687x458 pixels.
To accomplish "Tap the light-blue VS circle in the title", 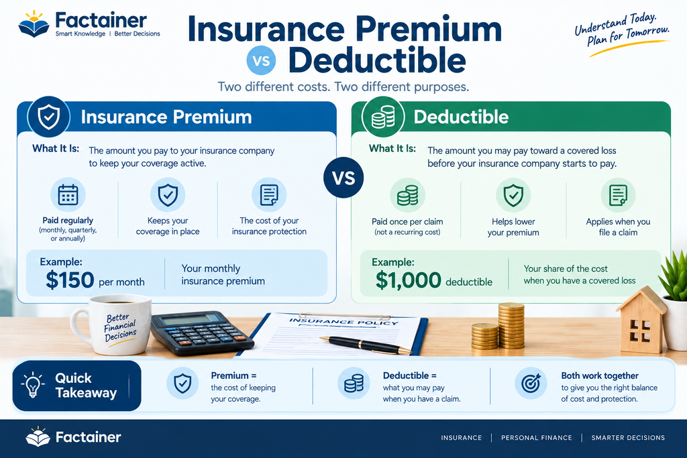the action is pyautogui.click(x=261, y=60).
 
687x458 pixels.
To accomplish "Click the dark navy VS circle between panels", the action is pyautogui.click(x=343, y=178).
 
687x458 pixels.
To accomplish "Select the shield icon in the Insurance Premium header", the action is pyautogui.click(x=48, y=117).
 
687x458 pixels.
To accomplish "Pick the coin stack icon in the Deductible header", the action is pyautogui.click(x=383, y=117).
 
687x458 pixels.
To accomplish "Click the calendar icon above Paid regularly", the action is pyautogui.click(x=68, y=195).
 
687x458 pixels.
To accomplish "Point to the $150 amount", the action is pyautogui.click(x=70, y=280).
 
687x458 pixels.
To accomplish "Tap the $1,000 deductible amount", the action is pyautogui.click(x=409, y=280).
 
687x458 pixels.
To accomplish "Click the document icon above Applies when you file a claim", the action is pyautogui.click(x=618, y=195).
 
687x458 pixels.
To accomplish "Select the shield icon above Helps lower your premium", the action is pyautogui.click(x=513, y=195).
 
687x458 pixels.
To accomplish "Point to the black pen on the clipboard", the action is pyautogui.click(x=366, y=345).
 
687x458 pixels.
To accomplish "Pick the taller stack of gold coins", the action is pyautogui.click(x=511, y=326).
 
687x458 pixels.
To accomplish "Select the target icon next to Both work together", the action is pyautogui.click(x=531, y=384).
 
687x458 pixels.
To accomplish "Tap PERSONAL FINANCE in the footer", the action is pyautogui.click(x=536, y=437).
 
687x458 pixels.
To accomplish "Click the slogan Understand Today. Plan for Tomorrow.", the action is pyautogui.click(x=622, y=31).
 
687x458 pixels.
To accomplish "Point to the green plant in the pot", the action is pyautogui.click(x=674, y=272).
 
